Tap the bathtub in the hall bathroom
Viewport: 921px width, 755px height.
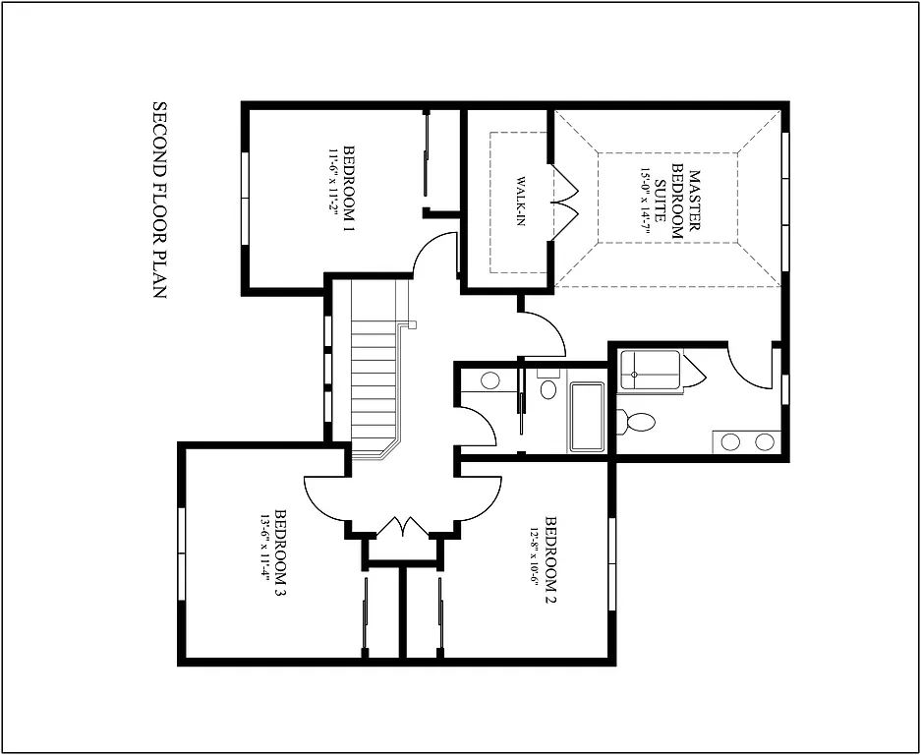click(588, 418)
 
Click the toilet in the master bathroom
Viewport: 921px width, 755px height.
click(637, 423)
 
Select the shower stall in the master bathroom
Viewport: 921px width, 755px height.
click(651, 372)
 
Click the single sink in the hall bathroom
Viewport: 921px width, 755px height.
click(489, 380)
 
